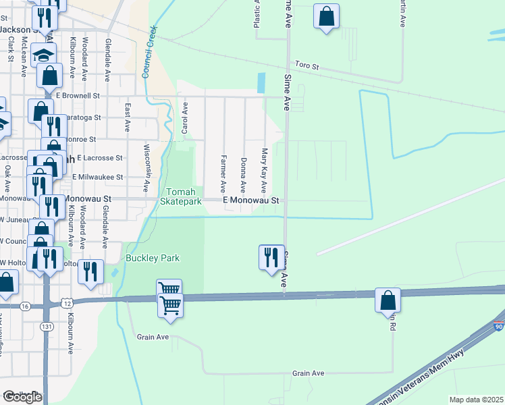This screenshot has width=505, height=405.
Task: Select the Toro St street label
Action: pyautogui.click(x=305, y=67)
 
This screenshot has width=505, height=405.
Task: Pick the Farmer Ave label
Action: pyautogui.click(x=222, y=172)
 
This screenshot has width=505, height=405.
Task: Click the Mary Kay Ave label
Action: pyautogui.click(x=264, y=170)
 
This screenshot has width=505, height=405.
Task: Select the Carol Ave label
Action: pyautogui.click(x=184, y=117)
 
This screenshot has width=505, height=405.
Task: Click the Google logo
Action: pyautogui.click(x=22, y=397)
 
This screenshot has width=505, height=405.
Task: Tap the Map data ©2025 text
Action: pyautogui.click(x=476, y=400)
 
